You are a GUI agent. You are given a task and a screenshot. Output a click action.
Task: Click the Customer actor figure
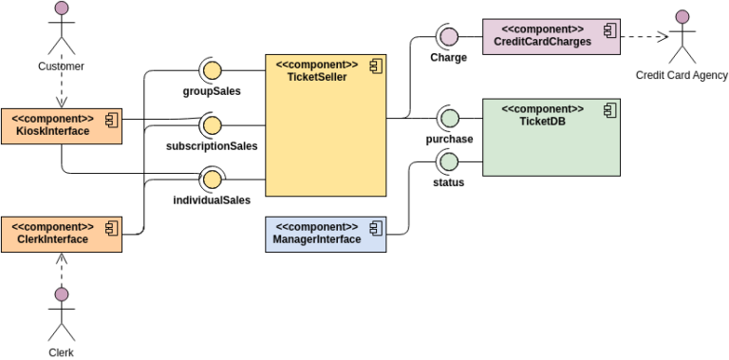[x=62, y=28]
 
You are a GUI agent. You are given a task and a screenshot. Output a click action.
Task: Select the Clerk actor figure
[x=62, y=313]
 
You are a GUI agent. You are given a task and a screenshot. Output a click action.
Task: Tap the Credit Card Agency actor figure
[x=681, y=38]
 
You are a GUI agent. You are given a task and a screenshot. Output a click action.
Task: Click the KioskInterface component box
[x=62, y=125]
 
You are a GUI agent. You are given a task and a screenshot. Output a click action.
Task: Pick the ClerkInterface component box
[x=62, y=234]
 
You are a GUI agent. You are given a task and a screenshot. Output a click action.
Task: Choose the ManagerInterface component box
[x=325, y=234]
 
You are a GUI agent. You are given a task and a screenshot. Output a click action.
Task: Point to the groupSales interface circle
[x=211, y=69]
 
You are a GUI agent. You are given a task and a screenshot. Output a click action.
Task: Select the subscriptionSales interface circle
[x=211, y=124]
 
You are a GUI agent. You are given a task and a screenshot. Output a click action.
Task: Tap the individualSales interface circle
[x=211, y=179]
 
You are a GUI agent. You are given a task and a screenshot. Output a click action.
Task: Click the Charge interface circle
[x=448, y=36]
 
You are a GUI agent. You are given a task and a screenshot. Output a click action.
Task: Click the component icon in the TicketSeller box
[x=376, y=66]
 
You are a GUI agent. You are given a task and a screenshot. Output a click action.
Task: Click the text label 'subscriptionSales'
[x=211, y=146]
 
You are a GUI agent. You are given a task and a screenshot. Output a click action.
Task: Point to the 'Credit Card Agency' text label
[x=681, y=75]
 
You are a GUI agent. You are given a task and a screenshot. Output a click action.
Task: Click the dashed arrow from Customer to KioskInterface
[x=62, y=91]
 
